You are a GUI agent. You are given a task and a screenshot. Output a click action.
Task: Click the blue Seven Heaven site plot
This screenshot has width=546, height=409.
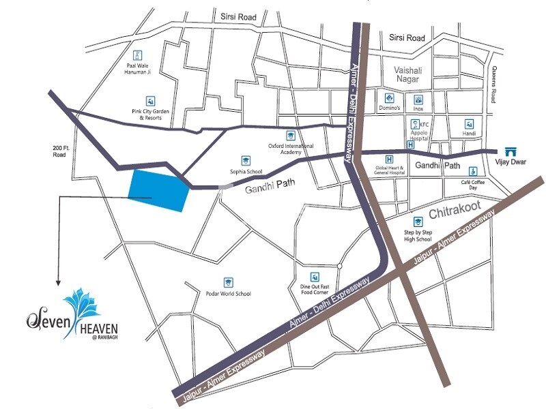(x=158, y=190)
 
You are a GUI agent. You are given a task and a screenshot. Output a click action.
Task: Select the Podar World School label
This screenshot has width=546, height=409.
(x=228, y=294)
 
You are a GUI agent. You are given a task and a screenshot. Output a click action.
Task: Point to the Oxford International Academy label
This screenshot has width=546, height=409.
(x=291, y=149)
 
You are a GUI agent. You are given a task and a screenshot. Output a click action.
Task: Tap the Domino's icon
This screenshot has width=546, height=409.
(x=388, y=98)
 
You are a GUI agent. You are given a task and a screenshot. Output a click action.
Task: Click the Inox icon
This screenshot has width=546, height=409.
(x=419, y=98)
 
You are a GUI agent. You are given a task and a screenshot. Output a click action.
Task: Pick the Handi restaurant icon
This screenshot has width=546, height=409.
(x=470, y=124)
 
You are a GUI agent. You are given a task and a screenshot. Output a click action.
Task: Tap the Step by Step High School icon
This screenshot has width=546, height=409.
(x=417, y=222)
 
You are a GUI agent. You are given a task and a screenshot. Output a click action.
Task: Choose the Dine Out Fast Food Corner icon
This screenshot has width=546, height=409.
(x=315, y=276)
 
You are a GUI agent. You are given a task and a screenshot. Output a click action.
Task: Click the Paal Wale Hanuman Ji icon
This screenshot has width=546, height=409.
(x=137, y=55)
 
